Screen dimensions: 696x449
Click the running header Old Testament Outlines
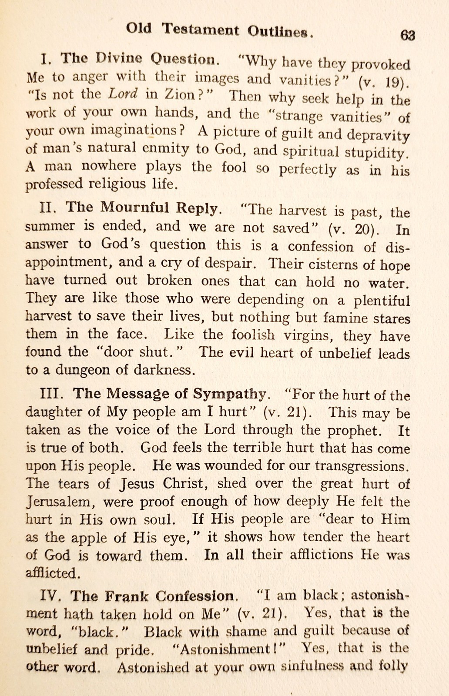220,30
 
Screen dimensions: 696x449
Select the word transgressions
361,466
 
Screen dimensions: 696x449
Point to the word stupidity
377,153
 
